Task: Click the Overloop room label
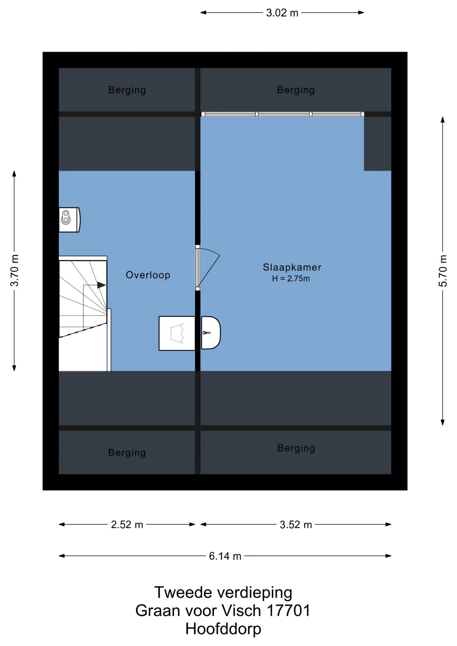pyautogui.click(x=148, y=275)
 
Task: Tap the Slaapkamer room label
pyautogui.click(x=292, y=267)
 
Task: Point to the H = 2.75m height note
pyautogui.click(x=291, y=279)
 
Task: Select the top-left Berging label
pyautogui.click(x=127, y=90)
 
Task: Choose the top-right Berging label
pyautogui.click(x=296, y=90)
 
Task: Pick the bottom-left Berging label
pyautogui.click(x=127, y=453)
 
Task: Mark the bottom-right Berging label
pyautogui.click(x=296, y=448)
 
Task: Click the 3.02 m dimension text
pyautogui.click(x=282, y=13)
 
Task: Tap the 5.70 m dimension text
pyautogui.click(x=443, y=271)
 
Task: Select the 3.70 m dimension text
pyautogui.click(x=14, y=271)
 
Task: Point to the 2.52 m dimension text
pyautogui.click(x=127, y=525)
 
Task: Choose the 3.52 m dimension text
pyautogui.click(x=296, y=525)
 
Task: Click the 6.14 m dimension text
pyautogui.click(x=225, y=556)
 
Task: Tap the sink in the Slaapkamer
pyautogui.click(x=211, y=333)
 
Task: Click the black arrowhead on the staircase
pyautogui.click(x=102, y=285)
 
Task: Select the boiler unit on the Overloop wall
pyautogui.click(x=70, y=220)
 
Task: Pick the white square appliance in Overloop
pyautogui.click(x=177, y=333)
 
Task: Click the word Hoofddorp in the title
pyautogui.click(x=223, y=629)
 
